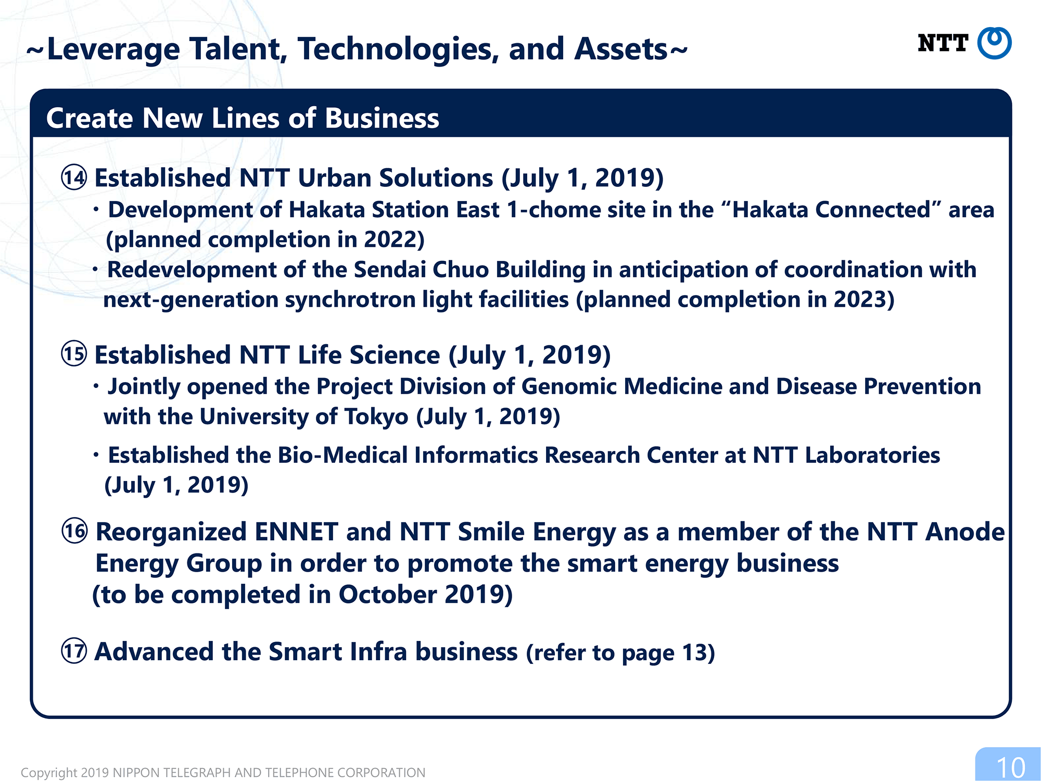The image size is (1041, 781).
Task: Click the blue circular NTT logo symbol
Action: pos(994,43)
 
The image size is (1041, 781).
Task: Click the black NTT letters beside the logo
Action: pos(943,43)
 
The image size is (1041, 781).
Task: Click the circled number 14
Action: pos(74,177)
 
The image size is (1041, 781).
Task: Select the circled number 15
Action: pos(74,354)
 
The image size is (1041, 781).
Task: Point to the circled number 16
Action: pos(74,531)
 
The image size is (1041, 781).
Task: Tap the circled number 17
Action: pos(74,651)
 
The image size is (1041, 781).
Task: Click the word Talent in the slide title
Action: pos(238,49)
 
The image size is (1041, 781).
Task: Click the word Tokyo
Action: pos(376,417)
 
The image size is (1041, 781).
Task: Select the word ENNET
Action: pos(297,532)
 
